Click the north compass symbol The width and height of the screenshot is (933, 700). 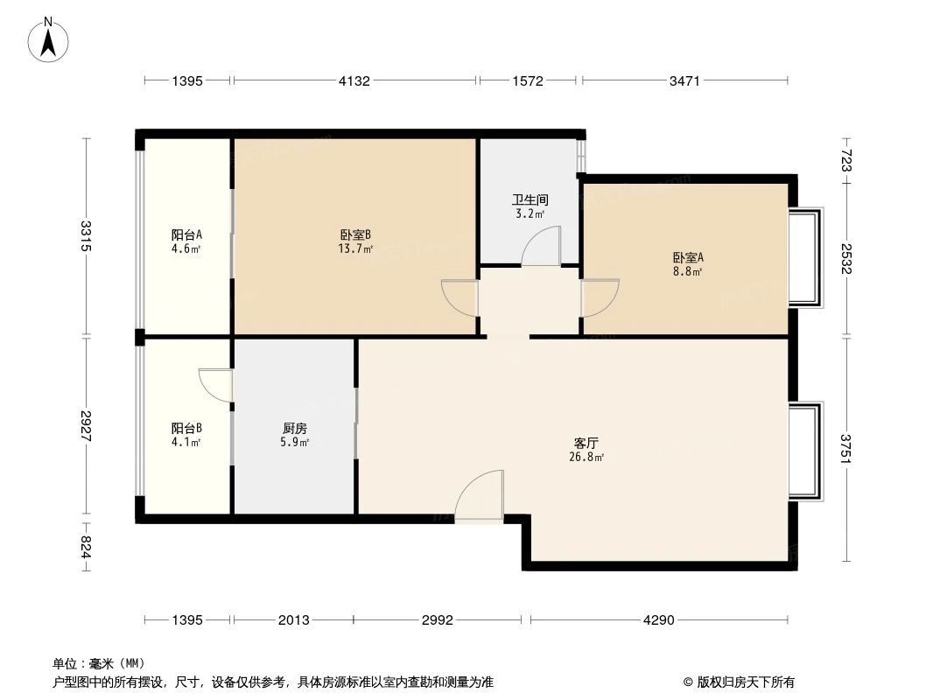[49, 39]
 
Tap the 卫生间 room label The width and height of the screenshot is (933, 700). [530, 199]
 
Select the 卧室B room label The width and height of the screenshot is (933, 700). [356, 234]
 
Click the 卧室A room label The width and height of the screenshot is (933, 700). [688, 257]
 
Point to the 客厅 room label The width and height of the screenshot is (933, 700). [586, 443]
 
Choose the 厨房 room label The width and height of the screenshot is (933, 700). [295, 429]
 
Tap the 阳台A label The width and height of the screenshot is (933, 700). [186, 234]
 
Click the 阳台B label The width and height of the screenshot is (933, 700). [186, 429]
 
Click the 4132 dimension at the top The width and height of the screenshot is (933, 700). [354, 81]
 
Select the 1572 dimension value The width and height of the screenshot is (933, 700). [528, 81]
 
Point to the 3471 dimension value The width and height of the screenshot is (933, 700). [684, 81]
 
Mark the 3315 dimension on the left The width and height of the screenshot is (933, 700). [86, 236]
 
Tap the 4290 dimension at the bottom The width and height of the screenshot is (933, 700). [658, 620]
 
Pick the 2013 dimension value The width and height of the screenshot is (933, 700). [293, 620]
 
